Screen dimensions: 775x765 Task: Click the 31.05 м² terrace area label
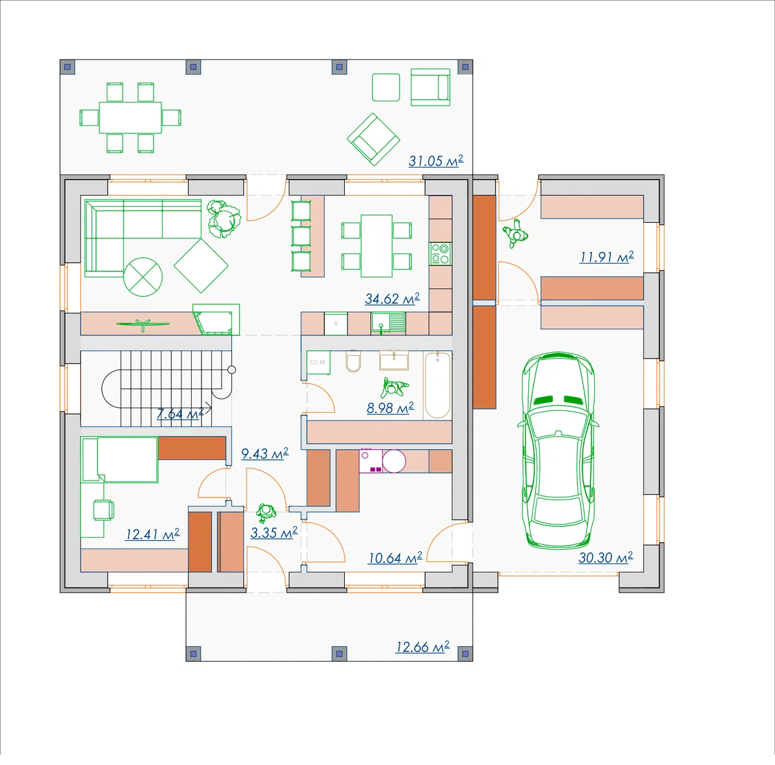click(x=436, y=161)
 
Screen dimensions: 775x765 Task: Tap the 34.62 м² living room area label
click(x=393, y=299)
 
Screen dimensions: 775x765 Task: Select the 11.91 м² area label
click(x=606, y=257)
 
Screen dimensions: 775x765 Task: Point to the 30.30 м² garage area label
click(x=606, y=558)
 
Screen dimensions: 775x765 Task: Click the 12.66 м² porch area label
click(x=422, y=647)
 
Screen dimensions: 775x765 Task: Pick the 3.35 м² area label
click(x=274, y=533)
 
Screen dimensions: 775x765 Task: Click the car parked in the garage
click(x=558, y=450)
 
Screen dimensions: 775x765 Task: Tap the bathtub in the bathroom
click(x=438, y=385)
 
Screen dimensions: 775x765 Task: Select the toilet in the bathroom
click(x=353, y=361)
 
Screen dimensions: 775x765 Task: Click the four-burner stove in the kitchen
click(x=440, y=253)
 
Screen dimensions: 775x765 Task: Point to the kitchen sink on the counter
click(x=388, y=322)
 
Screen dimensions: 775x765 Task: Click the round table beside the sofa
click(x=143, y=277)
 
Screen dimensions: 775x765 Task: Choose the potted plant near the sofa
click(x=223, y=219)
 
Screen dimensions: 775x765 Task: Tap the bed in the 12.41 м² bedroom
click(x=119, y=459)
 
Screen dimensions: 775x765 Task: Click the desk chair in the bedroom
click(x=104, y=510)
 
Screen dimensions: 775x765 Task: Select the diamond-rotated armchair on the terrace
click(x=373, y=139)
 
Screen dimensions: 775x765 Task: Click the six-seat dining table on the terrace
click(x=130, y=118)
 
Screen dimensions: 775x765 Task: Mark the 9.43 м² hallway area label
click(x=265, y=454)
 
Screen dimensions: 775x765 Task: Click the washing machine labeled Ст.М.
click(x=318, y=362)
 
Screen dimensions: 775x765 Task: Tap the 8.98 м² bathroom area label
click(x=390, y=408)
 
